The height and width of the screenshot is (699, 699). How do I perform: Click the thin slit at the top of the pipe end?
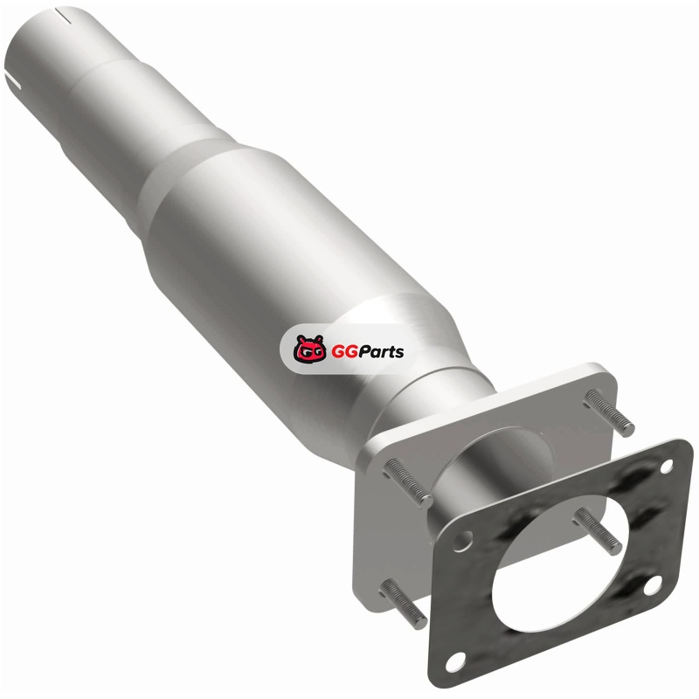pos(64,14)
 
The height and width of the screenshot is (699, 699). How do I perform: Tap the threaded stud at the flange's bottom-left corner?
pos(403,603)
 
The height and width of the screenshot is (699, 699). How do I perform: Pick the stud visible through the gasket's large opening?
pos(598,530)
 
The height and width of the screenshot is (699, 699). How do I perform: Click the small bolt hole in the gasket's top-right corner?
pos(666,467)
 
